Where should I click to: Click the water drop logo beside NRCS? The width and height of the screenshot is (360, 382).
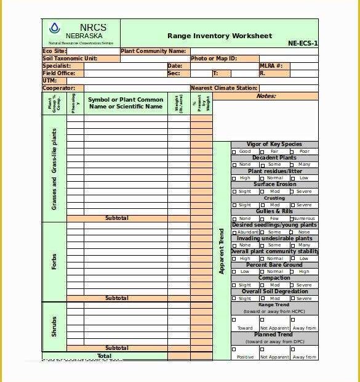coord(55,28)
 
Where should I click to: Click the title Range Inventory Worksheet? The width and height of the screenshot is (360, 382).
coord(219,36)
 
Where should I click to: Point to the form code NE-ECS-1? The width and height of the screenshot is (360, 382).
coord(303,44)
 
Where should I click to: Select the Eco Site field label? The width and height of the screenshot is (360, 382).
coord(54,51)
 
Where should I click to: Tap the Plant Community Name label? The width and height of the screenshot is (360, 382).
coord(154,51)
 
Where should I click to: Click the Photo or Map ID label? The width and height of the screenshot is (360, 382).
coord(214,59)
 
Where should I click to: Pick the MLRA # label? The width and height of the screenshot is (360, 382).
coord(271,65)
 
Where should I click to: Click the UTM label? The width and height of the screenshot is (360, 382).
coord(49,81)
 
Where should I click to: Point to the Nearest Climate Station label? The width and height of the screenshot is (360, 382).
coord(224,88)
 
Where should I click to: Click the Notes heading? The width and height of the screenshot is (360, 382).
coord(266,96)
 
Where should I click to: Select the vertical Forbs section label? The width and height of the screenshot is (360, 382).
coord(54,262)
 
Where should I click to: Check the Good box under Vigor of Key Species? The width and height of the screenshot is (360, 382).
coord(234,152)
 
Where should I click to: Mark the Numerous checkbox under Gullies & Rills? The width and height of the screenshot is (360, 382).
coord(290,219)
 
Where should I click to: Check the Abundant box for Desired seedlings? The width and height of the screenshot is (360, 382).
coord(234,232)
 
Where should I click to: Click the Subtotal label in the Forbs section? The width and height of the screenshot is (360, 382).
coord(116,298)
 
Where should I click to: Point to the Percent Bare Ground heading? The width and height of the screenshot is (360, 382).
coord(274,265)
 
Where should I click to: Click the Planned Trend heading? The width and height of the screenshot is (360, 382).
coord(274,335)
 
